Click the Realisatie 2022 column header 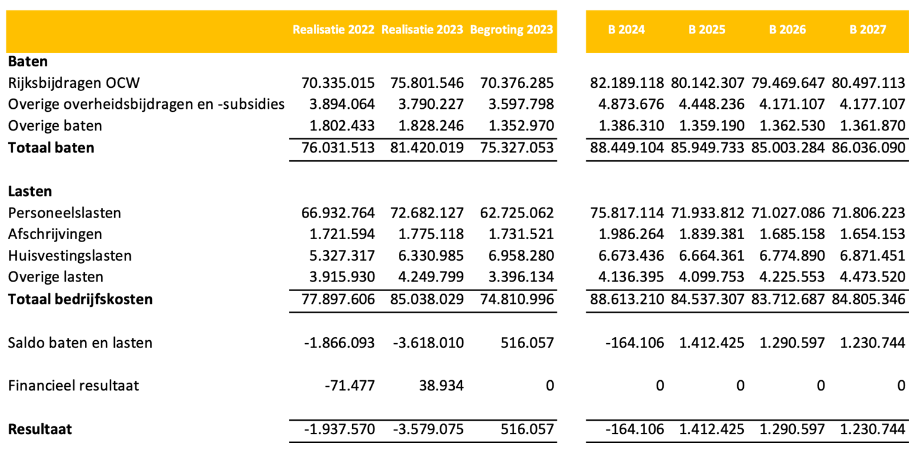coord(333,30)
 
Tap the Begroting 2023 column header coord(511,30)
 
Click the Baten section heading coord(28,61)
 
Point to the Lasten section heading coord(30,192)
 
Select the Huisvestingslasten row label coord(70,256)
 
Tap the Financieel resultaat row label coord(74,386)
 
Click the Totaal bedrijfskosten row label coord(80,299)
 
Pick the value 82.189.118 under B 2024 coord(627,83)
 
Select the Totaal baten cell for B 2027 coord(868,148)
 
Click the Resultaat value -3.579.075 coord(428,429)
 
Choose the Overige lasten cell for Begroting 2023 coord(517,277)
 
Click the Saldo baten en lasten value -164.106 coord(634,343)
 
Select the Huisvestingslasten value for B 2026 coord(788,256)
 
